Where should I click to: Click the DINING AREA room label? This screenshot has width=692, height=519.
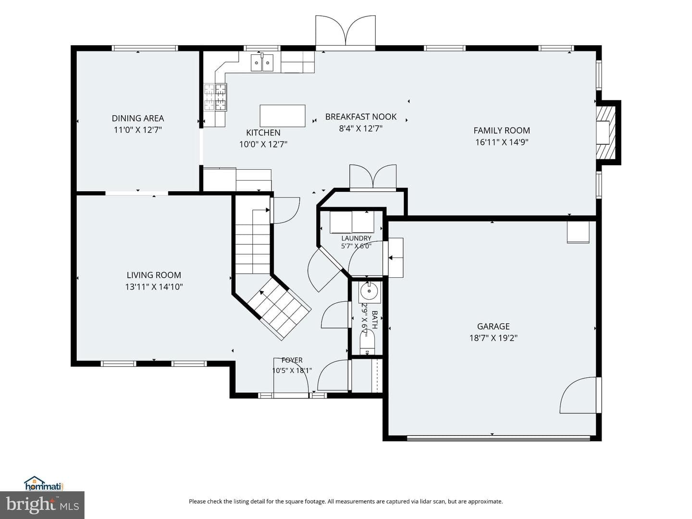(x=138, y=119)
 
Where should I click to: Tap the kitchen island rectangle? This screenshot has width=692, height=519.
(x=283, y=116)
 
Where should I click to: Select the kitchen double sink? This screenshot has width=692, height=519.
(x=262, y=62)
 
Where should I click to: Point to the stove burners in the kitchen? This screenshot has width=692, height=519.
(x=215, y=97)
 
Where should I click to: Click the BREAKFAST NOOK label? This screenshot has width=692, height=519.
(x=361, y=117)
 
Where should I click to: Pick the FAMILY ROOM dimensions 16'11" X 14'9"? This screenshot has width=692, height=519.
(x=502, y=142)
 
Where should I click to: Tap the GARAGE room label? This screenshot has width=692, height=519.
(x=493, y=326)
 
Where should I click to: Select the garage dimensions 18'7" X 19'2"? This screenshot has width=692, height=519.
(x=493, y=338)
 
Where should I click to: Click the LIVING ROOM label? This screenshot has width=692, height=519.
(x=154, y=275)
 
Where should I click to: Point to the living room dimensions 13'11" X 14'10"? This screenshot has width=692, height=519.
(x=154, y=287)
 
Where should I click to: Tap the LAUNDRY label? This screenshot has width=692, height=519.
(x=356, y=238)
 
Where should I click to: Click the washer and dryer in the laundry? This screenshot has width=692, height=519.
(x=352, y=222)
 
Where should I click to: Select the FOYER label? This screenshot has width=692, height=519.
(x=292, y=360)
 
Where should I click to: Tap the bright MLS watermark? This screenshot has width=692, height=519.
(x=42, y=505)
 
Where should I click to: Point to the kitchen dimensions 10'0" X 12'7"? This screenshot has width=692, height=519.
(x=263, y=145)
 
